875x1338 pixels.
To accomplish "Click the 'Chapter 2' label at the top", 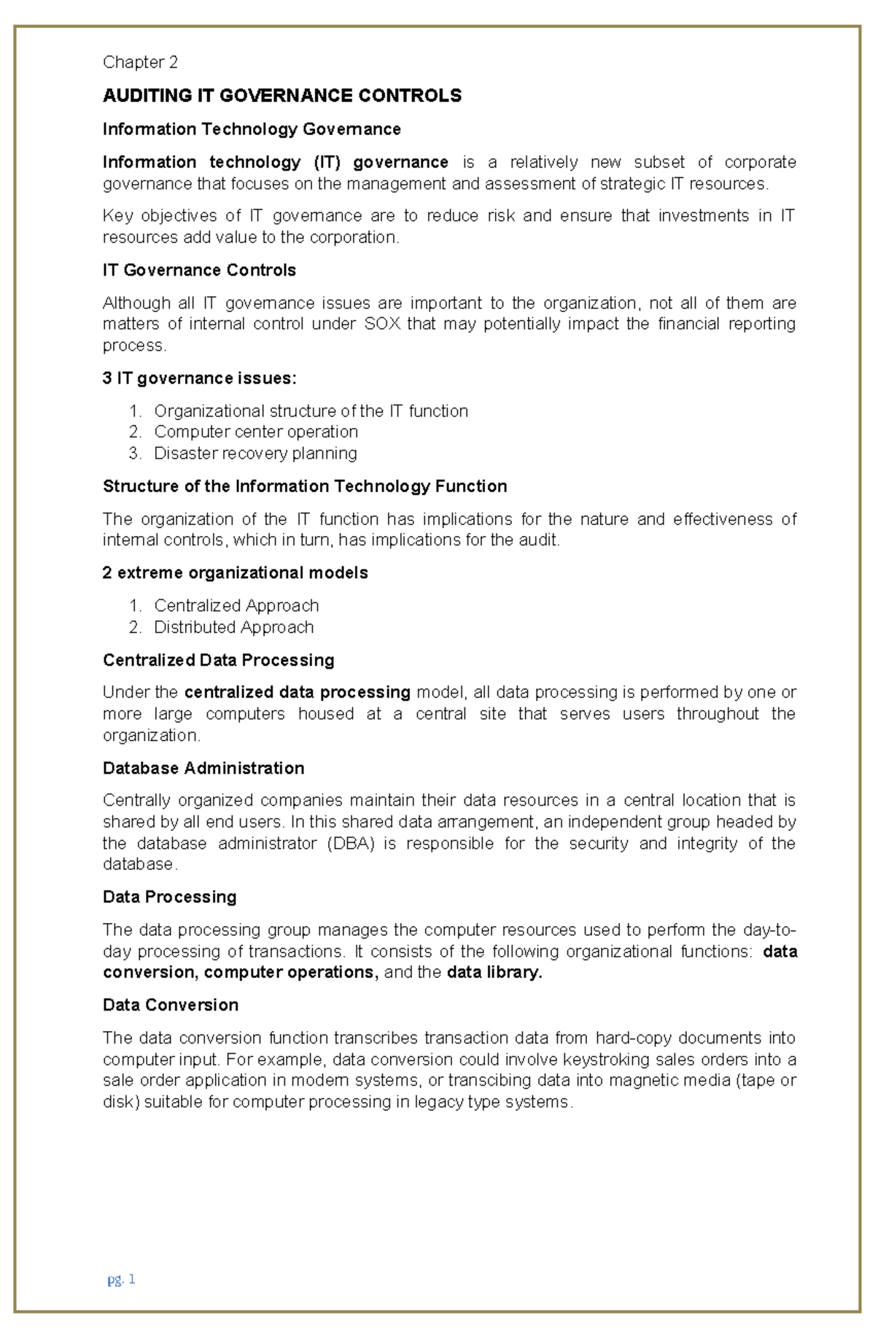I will tap(140, 62).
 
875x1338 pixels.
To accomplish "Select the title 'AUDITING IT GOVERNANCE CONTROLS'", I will tap(282, 96).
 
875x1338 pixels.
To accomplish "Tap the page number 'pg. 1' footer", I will tap(121, 1279).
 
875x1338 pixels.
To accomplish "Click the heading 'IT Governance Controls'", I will tap(199, 270).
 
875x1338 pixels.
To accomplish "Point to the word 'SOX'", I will tap(382, 324).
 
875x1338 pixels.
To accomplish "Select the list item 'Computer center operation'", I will tap(255, 432).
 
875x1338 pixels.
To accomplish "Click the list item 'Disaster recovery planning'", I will tap(255, 453).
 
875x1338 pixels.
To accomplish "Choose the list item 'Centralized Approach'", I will tap(236, 605).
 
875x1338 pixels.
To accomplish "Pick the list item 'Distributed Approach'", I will tap(233, 627).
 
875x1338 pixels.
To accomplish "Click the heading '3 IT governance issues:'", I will tap(200, 378).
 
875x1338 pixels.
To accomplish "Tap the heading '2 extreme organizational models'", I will tap(235, 572).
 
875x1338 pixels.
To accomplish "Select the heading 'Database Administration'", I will tap(203, 768).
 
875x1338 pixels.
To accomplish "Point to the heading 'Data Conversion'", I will tap(171, 1005).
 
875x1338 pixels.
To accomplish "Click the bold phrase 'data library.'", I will tap(494, 973).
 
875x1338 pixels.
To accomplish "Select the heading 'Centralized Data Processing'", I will tap(218, 660).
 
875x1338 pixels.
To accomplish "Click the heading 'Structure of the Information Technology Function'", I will tap(305, 486).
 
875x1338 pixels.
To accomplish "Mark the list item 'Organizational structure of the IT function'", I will tap(311, 411).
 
